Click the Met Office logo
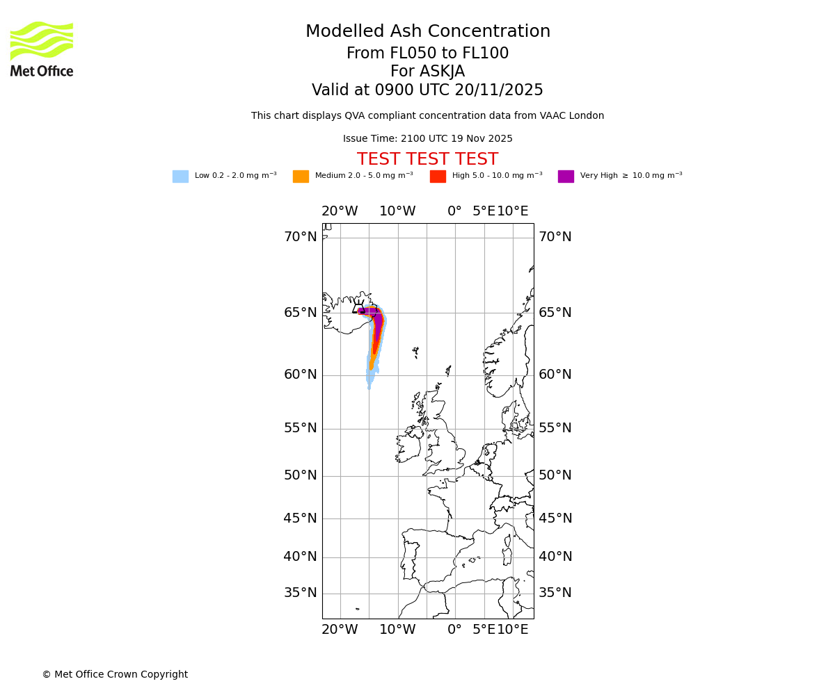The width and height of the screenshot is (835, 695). click(x=42, y=49)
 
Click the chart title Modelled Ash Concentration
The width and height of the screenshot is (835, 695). click(x=427, y=32)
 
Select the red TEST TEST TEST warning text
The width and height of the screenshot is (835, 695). click(x=427, y=159)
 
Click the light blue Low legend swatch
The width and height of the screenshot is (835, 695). click(x=180, y=176)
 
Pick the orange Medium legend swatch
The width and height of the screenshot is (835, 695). click(x=301, y=176)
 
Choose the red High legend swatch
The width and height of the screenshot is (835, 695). click(x=438, y=176)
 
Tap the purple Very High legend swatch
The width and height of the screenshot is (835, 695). click(x=566, y=176)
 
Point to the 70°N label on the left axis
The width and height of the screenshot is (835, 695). click(x=300, y=237)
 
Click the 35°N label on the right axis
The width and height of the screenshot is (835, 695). click(x=555, y=593)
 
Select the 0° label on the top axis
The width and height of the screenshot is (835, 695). click(x=454, y=211)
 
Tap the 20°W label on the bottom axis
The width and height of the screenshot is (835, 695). click(x=340, y=630)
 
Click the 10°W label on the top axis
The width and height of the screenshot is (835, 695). click(x=397, y=211)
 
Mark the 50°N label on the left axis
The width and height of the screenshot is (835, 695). click(x=300, y=475)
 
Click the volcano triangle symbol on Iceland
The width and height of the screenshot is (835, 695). click(x=359, y=309)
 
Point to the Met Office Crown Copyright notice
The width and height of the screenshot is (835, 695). click(x=115, y=674)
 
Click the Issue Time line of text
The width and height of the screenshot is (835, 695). click(x=427, y=139)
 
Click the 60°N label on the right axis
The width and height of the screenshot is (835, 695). click(x=555, y=375)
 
